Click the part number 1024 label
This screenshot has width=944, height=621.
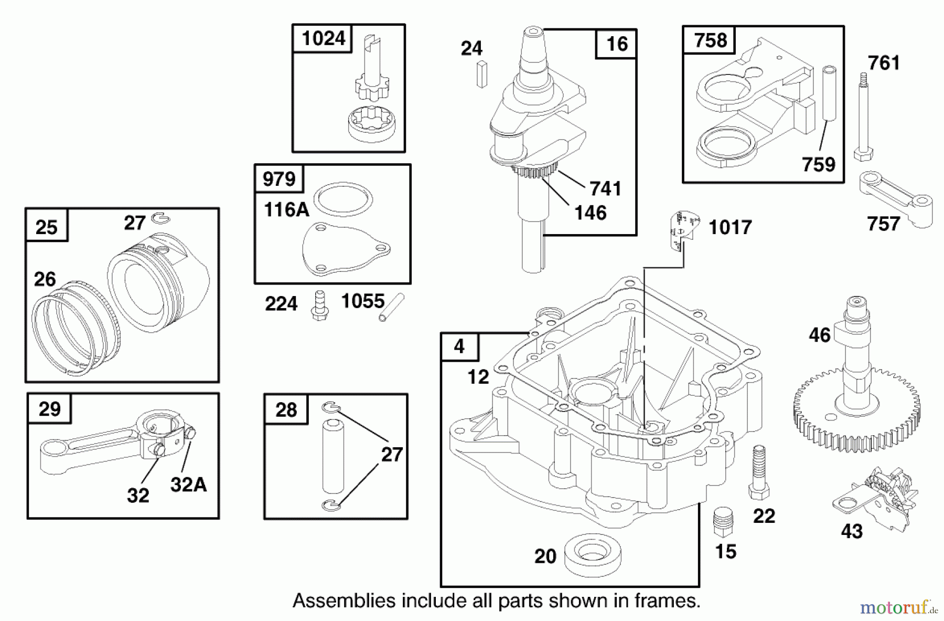click(324, 38)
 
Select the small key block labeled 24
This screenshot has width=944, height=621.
click(482, 74)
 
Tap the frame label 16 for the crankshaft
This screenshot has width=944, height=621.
click(616, 44)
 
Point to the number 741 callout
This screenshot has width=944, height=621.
click(605, 188)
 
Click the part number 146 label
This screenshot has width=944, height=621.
click(590, 213)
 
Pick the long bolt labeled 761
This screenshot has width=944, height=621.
click(863, 118)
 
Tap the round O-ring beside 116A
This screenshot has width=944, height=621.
click(344, 200)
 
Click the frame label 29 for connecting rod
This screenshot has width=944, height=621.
click(49, 409)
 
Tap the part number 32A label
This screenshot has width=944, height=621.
click(188, 485)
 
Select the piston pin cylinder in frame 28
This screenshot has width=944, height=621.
click(331, 454)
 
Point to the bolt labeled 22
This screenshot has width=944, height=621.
click(759, 472)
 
